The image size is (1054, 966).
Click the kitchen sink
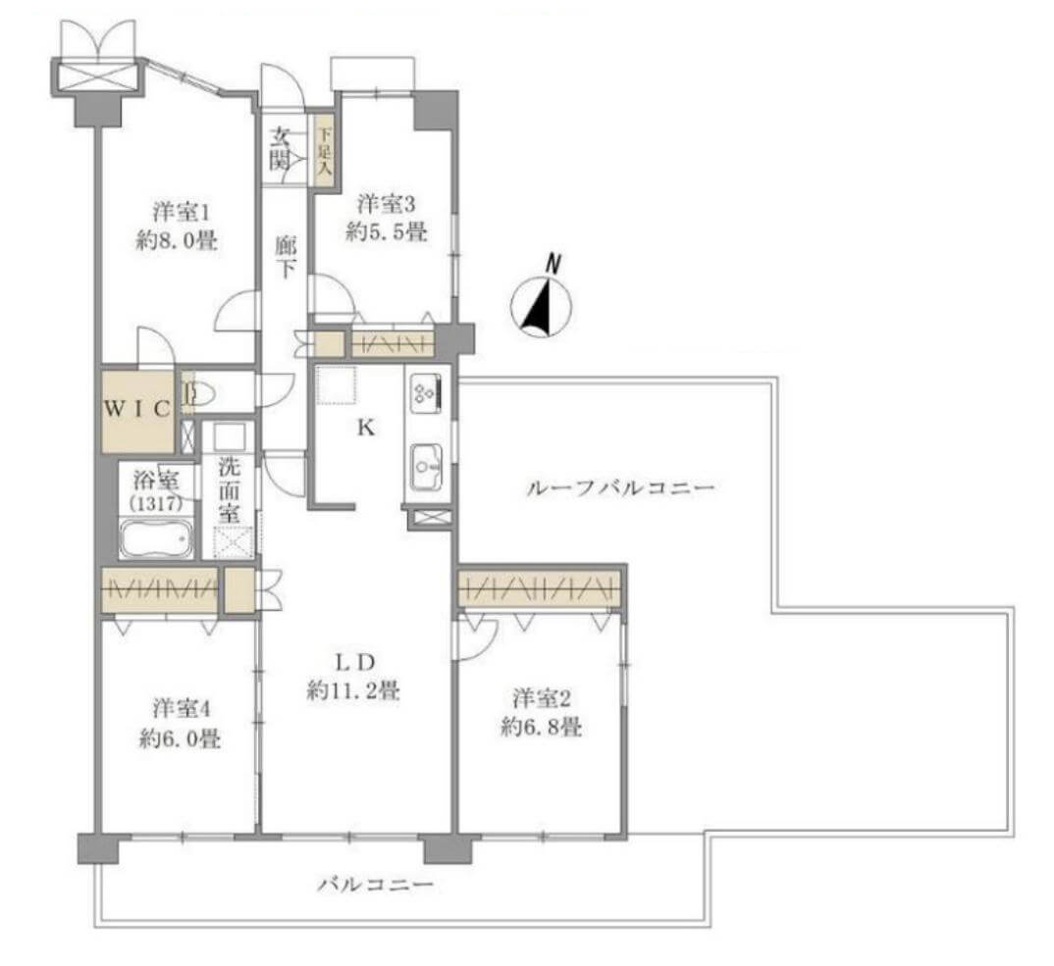(x=427, y=460)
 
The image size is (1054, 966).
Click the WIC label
(x=139, y=408)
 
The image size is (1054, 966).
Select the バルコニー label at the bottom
(x=375, y=885)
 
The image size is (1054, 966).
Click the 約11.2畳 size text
(x=352, y=690)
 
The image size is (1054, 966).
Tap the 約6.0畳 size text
(x=178, y=738)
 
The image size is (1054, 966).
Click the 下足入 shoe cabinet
(x=323, y=148)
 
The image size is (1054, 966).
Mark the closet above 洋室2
(x=541, y=588)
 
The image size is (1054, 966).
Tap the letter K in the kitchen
(x=363, y=428)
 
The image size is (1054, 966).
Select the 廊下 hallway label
(x=285, y=258)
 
